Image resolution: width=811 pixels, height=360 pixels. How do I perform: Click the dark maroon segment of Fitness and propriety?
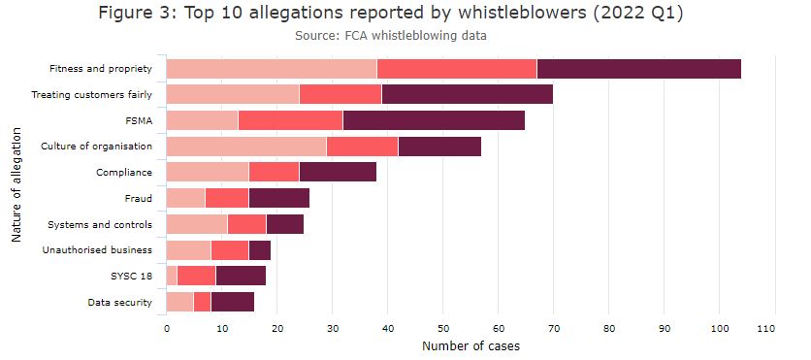[x=638, y=69]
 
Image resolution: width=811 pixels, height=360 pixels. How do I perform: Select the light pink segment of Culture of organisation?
[x=246, y=147]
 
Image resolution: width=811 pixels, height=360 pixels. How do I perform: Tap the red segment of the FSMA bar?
[x=290, y=120]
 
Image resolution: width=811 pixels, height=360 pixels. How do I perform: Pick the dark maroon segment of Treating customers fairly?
[x=467, y=94]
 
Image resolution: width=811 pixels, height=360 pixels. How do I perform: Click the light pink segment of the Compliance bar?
[x=208, y=173]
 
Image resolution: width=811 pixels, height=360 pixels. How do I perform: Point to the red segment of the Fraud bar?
[x=227, y=198]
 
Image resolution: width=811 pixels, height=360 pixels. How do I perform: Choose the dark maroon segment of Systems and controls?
[x=284, y=224]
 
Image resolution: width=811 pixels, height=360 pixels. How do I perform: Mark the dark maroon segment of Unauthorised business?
[x=259, y=250]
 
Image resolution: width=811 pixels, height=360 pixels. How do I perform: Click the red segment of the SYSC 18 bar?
[x=196, y=277]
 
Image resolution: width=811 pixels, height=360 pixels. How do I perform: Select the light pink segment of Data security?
[x=180, y=302]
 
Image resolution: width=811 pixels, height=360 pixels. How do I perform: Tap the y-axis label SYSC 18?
[x=130, y=277]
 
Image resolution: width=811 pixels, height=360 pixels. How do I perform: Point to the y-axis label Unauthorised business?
[x=97, y=250]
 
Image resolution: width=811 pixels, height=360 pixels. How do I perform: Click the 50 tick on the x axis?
[x=442, y=329]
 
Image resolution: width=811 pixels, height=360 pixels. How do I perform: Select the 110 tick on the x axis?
[x=773, y=329]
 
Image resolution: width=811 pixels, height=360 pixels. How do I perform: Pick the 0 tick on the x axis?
[x=167, y=329]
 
